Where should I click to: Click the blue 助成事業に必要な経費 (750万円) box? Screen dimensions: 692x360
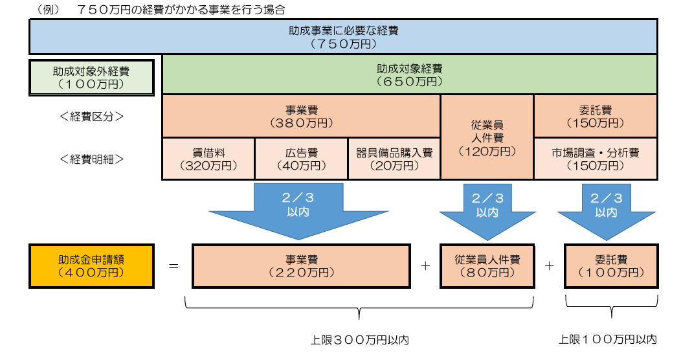[x=343, y=37]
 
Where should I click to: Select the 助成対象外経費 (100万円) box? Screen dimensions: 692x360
[x=91, y=78]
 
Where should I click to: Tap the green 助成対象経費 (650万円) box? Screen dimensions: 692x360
[x=410, y=74]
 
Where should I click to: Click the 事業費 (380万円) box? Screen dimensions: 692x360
[x=302, y=116]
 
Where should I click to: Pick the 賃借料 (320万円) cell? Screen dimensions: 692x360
[x=208, y=159]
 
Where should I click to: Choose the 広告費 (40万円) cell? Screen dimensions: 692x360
[x=302, y=159]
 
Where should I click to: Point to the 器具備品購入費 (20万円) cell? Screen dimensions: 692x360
[x=394, y=159]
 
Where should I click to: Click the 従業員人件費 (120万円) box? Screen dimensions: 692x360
[x=487, y=137]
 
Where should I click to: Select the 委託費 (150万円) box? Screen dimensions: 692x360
[x=596, y=116]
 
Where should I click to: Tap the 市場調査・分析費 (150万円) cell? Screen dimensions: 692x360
[x=596, y=159]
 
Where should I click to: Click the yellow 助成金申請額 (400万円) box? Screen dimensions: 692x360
[x=91, y=266]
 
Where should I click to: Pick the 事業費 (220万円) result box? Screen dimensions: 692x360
[x=302, y=266]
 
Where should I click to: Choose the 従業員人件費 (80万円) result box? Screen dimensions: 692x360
[x=487, y=266]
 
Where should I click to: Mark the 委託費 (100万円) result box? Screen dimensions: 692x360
[x=611, y=266]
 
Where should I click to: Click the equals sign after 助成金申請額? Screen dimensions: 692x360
[x=173, y=266]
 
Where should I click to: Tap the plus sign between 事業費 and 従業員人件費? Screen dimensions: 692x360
[x=425, y=265]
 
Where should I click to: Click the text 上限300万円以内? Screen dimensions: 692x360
[x=360, y=340]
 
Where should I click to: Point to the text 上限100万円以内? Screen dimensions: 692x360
[x=608, y=339]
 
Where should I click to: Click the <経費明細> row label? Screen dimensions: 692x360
[x=91, y=159]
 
